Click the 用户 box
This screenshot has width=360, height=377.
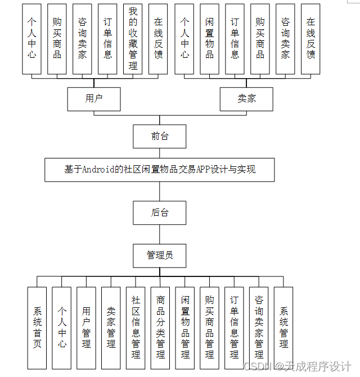pos(94,99)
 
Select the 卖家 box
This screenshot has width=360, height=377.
pos(246,99)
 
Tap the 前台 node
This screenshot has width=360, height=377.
pos(160,136)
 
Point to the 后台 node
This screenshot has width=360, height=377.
pos(160,212)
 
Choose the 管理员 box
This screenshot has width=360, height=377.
pos(160,255)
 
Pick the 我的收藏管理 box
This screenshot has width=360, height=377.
pos(133,39)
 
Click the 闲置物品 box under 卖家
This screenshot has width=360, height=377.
pos(209,39)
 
